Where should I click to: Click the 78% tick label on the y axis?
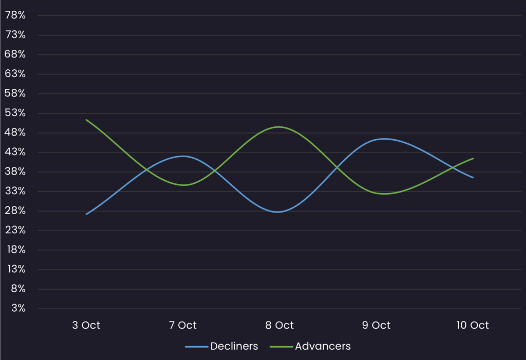click(x=15, y=15)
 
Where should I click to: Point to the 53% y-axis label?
click(x=15, y=113)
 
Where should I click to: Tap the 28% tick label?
click(x=15, y=211)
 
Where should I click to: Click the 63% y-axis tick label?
click(x=15, y=74)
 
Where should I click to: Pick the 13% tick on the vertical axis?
click(x=15, y=269)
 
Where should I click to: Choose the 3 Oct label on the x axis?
click(x=86, y=325)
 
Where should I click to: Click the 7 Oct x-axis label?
click(x=183, y=325)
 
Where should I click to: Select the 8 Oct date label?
click(x=279, y=325)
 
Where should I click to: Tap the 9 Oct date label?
click(x=376, y=325)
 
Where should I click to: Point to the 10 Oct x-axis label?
click(x=473, y=325)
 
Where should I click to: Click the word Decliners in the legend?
click(x=234, y=346)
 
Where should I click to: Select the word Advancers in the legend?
click(x=323, y=346)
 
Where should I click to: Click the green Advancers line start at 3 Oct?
click(x=86, y=120)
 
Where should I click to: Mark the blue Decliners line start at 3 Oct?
click(x=86, y=214)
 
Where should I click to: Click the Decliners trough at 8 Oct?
click(x=278, y=212)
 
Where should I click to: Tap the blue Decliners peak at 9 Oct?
click(x=383, y=139)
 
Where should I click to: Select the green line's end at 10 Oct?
click(x=473, y=158)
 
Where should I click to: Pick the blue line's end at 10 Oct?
click(x=473, y=178)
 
